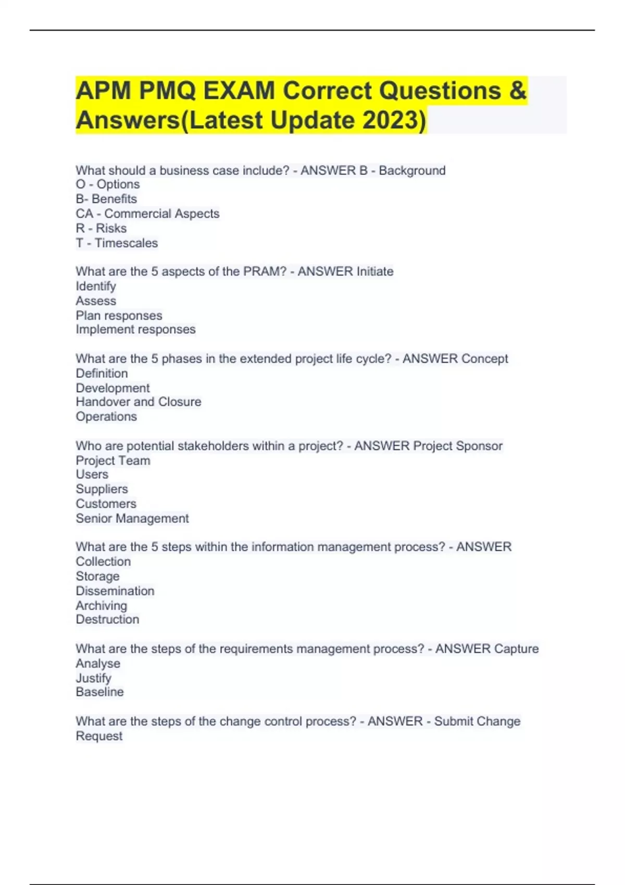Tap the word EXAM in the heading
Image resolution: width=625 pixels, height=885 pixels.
click(x=239, y=91)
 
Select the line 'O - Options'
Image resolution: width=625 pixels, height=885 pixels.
click(x=108, y=184)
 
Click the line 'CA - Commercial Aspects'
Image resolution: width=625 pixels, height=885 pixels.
click(x=147, y=213)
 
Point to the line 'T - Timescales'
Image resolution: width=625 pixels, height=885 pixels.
click(x=117, y=243)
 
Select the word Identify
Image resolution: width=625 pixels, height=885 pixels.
click(x=96, y=286)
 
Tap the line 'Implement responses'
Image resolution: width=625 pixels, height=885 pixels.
click(x=135, y=330)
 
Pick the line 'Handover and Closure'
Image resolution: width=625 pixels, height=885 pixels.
click(x=139, y=402)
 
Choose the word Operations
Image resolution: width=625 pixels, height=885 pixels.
click(x=106, y=416)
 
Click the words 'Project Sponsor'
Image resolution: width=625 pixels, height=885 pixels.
click(x=458, y=446)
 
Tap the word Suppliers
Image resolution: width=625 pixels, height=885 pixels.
click(x=102, y=489)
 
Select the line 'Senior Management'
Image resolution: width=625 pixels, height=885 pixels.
click(x=132, y=519)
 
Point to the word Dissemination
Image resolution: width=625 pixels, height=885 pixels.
click(x=115, y=591)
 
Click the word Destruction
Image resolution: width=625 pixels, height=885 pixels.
click(x=107, y=619)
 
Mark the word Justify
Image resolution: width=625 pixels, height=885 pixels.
click(x=93, y=678)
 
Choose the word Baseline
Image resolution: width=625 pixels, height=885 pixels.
click(x=99, y=692)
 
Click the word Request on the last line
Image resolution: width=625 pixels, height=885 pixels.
click(x=99, y=736)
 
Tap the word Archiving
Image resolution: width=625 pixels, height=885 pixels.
click(x=101, y=605)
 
